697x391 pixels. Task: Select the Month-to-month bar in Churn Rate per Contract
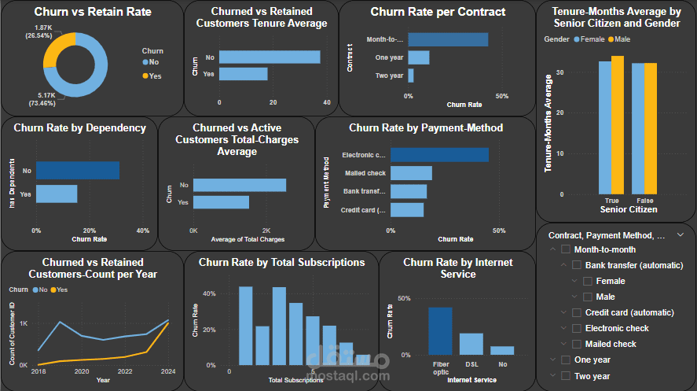tap(448, 39)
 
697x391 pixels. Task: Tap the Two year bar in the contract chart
tap(411, 76)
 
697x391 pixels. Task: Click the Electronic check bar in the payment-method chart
tap(439, 155)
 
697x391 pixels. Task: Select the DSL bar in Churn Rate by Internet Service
tap(471, 344)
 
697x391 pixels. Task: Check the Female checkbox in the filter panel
tap(588, 281)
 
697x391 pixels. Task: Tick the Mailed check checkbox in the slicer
tap(577, 344)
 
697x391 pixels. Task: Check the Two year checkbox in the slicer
tap(566, 376)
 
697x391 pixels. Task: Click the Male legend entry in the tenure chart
tap(622, 39)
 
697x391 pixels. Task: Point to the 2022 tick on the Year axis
tap(125, 371)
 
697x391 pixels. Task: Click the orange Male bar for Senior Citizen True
tap(618, 125)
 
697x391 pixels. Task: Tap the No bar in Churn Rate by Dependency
tap(78, 170)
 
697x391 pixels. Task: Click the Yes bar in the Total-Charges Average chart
tap(221, 202)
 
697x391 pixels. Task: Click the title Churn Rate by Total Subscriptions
tap(281, 262)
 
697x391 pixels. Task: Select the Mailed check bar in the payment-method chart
tap(411, 173)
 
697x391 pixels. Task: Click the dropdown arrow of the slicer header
tap(680, 234)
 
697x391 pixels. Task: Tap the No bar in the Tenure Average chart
tap(270, 57)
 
